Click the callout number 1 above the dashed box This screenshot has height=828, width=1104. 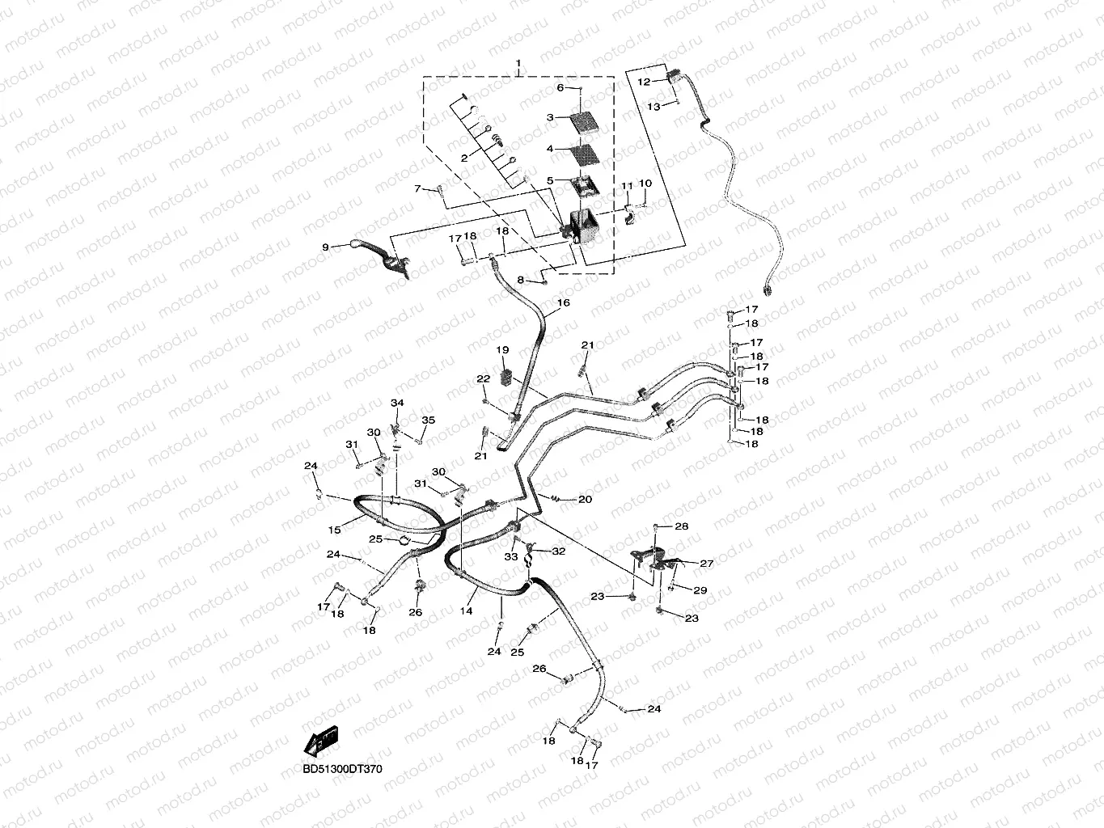pyautogui.click(x=519, y=63)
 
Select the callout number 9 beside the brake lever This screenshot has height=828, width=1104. pyautogui.click(x=325, y=247)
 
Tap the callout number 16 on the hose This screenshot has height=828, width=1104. pyautogui.click(x=563, y=303)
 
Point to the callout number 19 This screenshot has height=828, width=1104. pyautogui.click(x=502, y=350)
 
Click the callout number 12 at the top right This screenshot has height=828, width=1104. pyautogui.click(x=644, y=82)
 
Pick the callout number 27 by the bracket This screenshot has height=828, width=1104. pyautogui.click(x=707, y=564)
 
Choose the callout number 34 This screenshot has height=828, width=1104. pyautogui.click(x=397, y=403)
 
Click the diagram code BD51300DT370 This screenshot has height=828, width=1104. pyautogui.click(x=342, y=769)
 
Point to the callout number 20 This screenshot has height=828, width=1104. pyautogui.click(x=585, y=500)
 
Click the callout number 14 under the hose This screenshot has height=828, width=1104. pyautogui.click(x=467, y=611)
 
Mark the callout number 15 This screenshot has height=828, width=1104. pyautogui.click(x=335, y=529)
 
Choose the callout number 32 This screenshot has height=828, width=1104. pyautogui.click(x=559, y=551)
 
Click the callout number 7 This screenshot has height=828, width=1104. pyautogui.click(x=418, y=188)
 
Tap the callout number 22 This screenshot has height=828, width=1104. pyautogui.click(x=483, y=378)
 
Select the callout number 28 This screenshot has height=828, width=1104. pyautogui.click(x=682, y=526)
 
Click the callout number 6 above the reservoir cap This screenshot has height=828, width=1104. pyautogui.click(x=560, y=87)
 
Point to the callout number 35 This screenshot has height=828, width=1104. pyautogui.click(x=429, y=420)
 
